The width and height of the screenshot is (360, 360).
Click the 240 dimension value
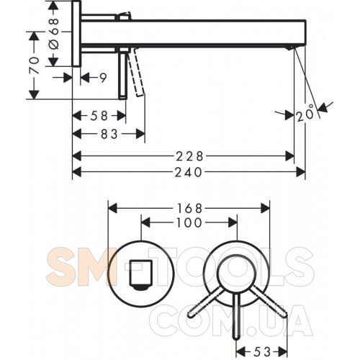click(x=188, y=172)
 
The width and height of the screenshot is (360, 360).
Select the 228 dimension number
click(x=189, y=157)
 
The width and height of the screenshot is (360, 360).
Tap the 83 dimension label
click(x=109, y=134)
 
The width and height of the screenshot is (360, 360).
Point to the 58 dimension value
click(x=99, y=116)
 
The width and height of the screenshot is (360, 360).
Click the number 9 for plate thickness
click(x=103, y=78)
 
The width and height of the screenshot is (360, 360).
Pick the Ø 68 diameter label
click(x=54, y=34)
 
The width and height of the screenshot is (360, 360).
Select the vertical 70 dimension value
click(x=34, y=66)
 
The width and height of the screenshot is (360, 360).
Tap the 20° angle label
click(x=305, y=113)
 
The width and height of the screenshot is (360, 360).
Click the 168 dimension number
click(x=189, y=208)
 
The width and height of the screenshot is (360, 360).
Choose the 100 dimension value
click(x=189, y=222)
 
